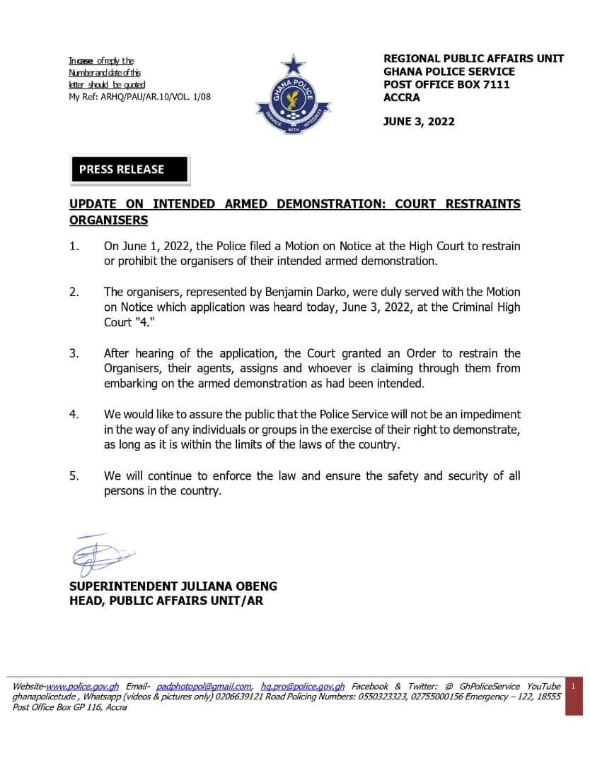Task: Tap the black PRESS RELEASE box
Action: [130, 170]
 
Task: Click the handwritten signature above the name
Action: [102, 555]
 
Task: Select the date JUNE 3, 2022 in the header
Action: [419, 121]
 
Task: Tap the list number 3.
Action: [74, 353]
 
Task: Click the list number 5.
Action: [74, 476]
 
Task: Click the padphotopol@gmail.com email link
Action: [204, 686]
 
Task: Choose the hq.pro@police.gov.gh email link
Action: [303, 686]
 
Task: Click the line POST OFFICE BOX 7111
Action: [446, 85]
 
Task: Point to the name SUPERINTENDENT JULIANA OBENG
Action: [173, 586]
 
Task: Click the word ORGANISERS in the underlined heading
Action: [108, 220]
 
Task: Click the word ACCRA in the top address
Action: [401, 97]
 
